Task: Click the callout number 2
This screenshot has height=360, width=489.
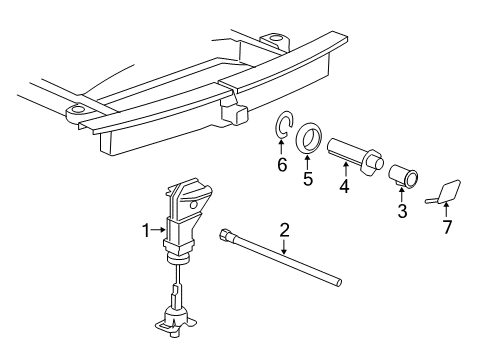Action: click(284, 231)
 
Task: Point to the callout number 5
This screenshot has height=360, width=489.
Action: click(308, 180)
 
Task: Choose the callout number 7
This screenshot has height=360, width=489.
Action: click(447, 227)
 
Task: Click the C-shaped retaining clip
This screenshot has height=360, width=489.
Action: click(283, 126)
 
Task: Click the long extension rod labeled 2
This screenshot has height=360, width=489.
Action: click(290, 270)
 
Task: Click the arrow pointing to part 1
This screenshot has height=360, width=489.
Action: click(162, 230)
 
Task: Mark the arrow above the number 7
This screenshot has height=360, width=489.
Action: click(447, 210)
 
